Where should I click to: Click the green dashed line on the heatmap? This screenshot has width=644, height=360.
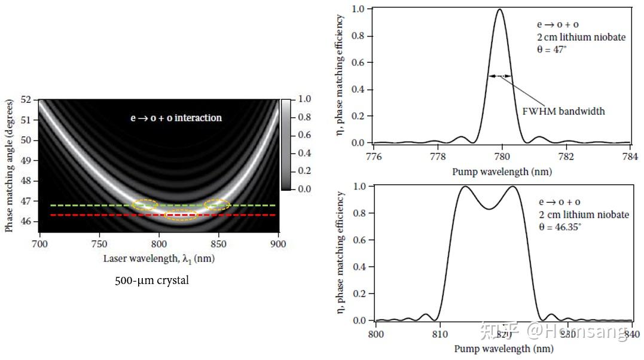point(90,205)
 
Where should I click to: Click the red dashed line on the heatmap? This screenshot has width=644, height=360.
point(90,215)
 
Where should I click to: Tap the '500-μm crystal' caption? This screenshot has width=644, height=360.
point(152,280)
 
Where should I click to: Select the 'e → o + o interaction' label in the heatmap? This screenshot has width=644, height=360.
point(176,118)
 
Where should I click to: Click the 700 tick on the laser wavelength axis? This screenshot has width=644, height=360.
point(39,244)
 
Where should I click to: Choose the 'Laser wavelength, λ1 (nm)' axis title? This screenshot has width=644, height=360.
point(159,258)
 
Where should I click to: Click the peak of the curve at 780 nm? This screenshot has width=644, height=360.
point(500,9)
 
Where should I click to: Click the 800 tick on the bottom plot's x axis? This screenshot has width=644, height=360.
point(376,334)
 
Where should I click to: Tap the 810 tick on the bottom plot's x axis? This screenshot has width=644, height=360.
point(439,334)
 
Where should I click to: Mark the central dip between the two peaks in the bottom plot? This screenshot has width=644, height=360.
point(489,209)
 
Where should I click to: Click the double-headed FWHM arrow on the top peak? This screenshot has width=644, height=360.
point(500,76)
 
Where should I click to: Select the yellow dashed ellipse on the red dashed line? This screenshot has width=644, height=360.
point(181,215)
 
